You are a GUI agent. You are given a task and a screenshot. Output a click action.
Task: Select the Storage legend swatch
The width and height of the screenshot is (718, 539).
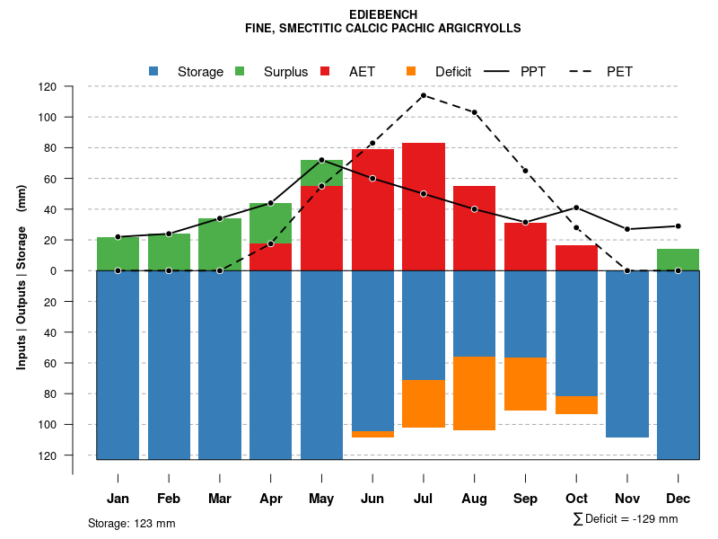(x=154, y=71)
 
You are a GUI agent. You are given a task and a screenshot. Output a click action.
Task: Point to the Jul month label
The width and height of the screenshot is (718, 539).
(x=424, y=498)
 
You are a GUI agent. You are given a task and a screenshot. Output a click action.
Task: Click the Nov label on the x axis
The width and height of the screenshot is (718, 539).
(x=627, y=498)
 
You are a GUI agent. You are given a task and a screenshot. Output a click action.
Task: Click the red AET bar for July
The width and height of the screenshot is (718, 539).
(x=424, y=207)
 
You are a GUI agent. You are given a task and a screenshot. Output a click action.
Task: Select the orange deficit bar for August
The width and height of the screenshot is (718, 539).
(x=475, y=393)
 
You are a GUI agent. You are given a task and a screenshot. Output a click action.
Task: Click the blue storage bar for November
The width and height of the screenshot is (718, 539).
(x=627, y=354)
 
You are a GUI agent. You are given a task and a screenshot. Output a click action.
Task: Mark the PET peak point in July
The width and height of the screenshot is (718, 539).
(x=424, y=95)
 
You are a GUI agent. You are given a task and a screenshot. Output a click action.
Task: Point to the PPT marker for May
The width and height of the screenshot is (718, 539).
(x=321, y=160)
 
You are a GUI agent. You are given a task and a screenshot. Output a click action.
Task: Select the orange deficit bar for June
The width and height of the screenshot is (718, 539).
(x=372, y=434)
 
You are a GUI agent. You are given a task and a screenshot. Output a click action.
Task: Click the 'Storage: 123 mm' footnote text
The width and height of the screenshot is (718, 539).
(x=131, y=523)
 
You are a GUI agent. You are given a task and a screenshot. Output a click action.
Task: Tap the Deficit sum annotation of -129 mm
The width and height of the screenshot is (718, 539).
(x=625, y=519)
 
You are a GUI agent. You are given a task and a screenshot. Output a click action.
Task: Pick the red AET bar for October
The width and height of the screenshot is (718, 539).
(x=576, y=258)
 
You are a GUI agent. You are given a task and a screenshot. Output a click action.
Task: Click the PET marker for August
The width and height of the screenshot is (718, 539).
(x=475, y=112)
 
